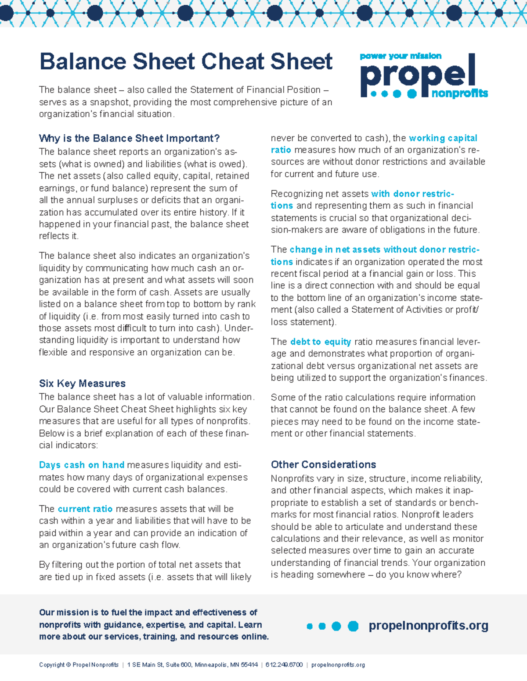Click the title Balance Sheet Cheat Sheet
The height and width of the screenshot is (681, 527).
(x=186, y=61)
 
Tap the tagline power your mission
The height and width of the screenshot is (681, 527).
(x=401, y=56)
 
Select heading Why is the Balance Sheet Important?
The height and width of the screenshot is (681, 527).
(x=129, y=139)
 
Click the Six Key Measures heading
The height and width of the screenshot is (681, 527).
(x=82, y=383)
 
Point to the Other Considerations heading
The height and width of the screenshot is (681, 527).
(x=323, y=464)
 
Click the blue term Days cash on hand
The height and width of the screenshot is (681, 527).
(x=82, y=465)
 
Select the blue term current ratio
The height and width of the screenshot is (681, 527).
(x=85, y=509)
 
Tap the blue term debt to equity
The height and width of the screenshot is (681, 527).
(x=320, y=342)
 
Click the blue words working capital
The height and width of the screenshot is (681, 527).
(x=443, y=138)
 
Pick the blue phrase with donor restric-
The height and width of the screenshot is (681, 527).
(x=412, y=194)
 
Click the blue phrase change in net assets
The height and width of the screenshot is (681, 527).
(x=335, y=250)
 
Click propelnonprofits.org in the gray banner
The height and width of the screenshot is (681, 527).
(x=428, y=625)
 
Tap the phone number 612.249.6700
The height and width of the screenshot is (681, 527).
(x=284, y=665)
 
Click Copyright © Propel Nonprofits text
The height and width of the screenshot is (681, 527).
(x=79, y=665)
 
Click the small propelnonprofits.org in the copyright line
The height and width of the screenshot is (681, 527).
(x=338, y=665)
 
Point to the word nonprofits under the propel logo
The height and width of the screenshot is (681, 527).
(x=459, y=93)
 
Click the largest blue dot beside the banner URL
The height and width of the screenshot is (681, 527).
(x=353, y=626)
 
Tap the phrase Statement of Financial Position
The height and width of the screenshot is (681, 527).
(x=255, y=90)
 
